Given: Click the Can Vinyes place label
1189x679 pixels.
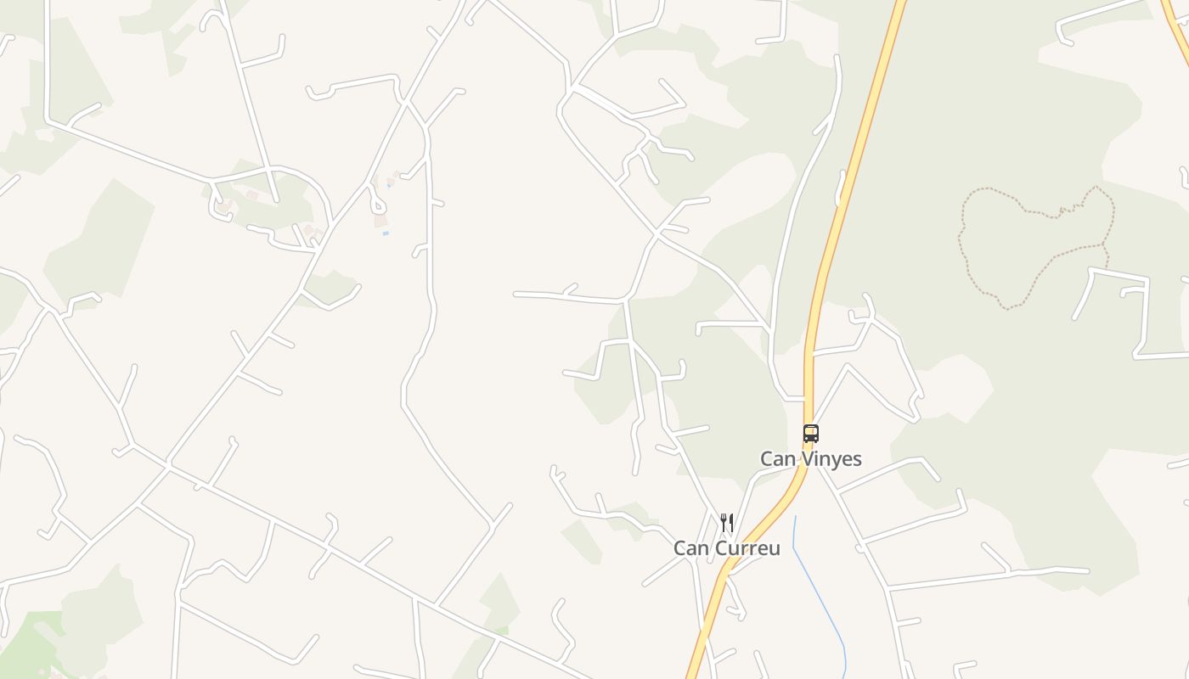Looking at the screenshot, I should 810,459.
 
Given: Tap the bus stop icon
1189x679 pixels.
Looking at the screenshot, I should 810,434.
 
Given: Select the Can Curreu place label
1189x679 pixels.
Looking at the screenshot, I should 726,548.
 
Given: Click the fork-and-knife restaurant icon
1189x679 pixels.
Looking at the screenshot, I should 726,522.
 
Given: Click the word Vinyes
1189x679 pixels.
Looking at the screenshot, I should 831,459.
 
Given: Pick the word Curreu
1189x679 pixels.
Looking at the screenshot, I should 747,548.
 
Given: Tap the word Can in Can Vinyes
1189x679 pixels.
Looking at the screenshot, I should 776,459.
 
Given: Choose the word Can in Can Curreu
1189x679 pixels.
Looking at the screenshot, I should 690,548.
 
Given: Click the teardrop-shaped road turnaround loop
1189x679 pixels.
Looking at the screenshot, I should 376,205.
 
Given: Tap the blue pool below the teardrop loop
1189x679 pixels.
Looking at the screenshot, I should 386,233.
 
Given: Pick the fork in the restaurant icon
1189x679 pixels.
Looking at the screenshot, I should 723,522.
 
